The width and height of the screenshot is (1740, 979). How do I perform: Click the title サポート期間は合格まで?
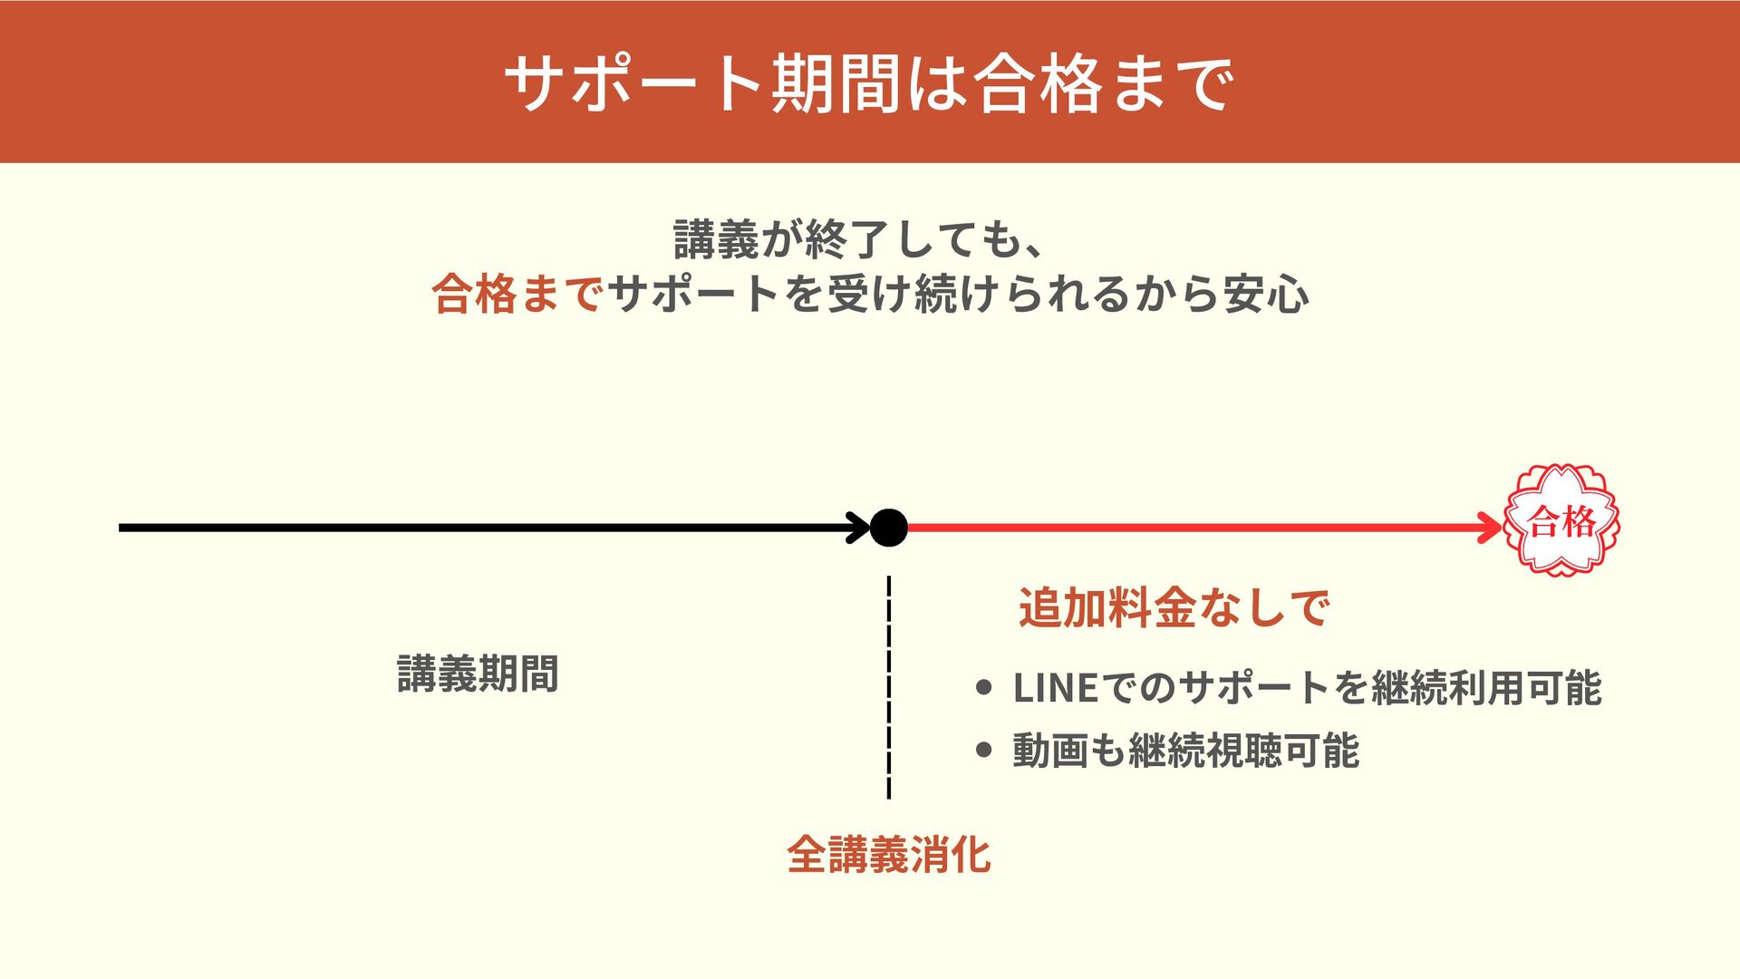(868, 83)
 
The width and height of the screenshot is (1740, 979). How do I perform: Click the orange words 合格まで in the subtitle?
(517, 295)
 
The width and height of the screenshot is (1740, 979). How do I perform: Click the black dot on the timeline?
(888, 527)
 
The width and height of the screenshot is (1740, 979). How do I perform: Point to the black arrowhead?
(857, 527)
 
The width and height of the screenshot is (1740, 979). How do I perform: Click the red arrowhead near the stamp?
(1490, 527)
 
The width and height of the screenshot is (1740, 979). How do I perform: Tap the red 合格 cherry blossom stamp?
(1561, 521)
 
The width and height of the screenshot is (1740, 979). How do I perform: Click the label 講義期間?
(478, 674)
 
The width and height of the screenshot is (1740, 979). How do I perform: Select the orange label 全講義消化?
(888, 854)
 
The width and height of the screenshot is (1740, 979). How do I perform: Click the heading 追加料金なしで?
(1174, 606)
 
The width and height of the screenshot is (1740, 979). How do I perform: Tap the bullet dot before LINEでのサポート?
(984, 688)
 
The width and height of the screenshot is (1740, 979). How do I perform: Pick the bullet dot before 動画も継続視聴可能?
(984, 750)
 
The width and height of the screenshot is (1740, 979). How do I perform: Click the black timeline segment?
(480, 527)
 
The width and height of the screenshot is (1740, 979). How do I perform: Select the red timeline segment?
(1196, 527)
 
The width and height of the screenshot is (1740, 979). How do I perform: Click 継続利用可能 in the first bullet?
(1486, 688)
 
